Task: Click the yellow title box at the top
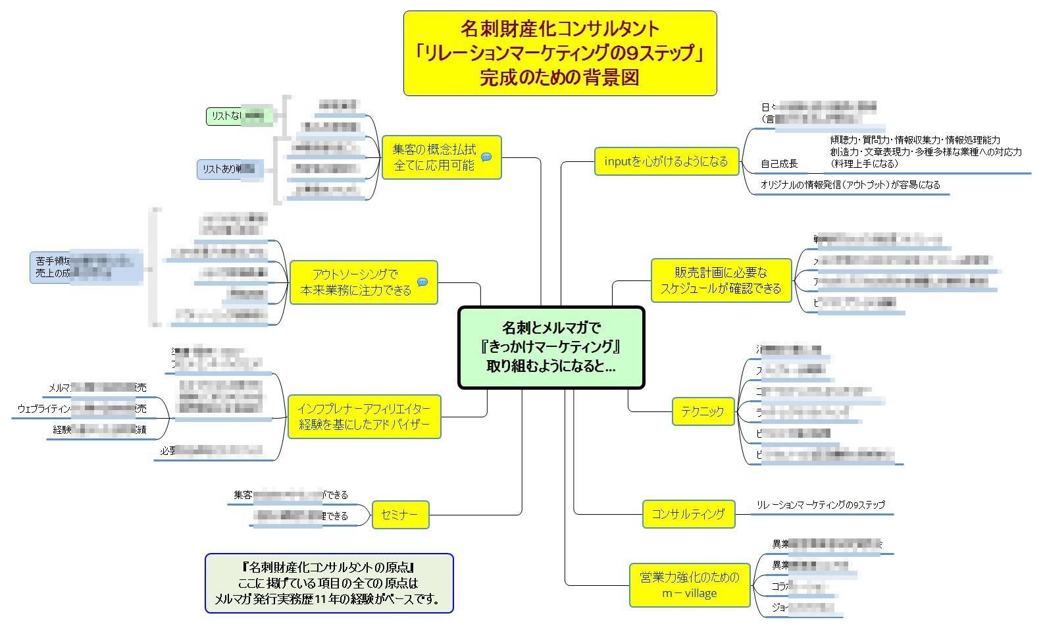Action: click(559, 53)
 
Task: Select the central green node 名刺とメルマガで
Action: click(551, 347)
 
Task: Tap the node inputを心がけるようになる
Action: click(666, 161)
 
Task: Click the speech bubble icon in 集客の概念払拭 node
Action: click(486, 157)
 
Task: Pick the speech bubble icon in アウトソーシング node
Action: click(422, 282)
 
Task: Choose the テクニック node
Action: click(702, 411)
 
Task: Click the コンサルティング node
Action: click(688, 514)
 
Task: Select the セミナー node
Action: click(399, 515)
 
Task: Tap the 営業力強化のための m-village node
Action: click(689, 585)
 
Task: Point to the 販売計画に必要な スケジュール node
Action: click(721, 280)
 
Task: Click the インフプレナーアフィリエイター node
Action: click(364, 417)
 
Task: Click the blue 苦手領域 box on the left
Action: click(86, 267)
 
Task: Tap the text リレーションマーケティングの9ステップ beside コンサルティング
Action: click(820, 505)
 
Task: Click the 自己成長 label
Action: click(779, 164)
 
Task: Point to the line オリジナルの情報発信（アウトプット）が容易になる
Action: click(850, 185)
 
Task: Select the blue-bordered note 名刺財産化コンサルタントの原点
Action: click(329, 583)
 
